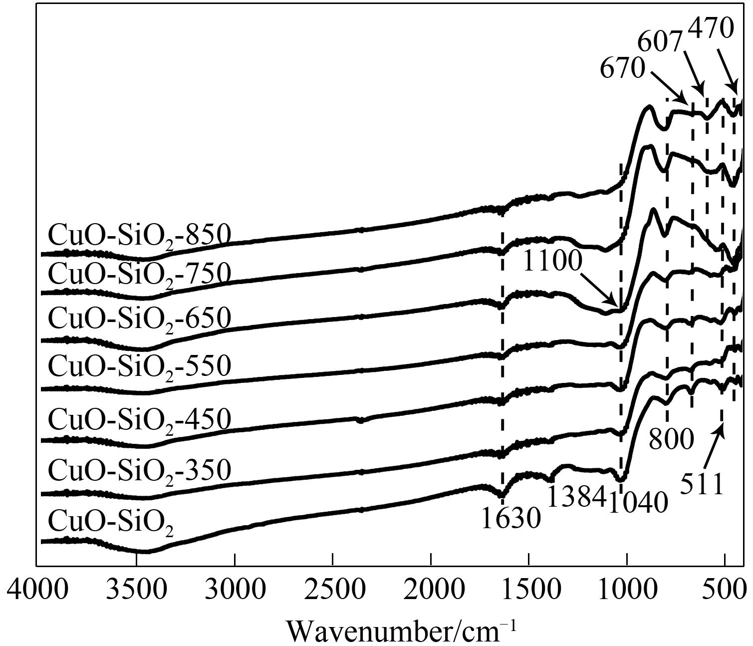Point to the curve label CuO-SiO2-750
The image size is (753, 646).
tap(140, 274)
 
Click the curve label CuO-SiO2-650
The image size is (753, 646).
tap(140, 318)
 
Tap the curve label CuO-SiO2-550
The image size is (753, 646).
tap(140, 366)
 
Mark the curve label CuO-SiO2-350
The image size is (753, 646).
tap(140, 470)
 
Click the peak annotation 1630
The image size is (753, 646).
tap(511, 518)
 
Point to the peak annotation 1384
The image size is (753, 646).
tap(577, 496)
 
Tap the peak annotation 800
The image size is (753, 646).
tap(672, 440)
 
